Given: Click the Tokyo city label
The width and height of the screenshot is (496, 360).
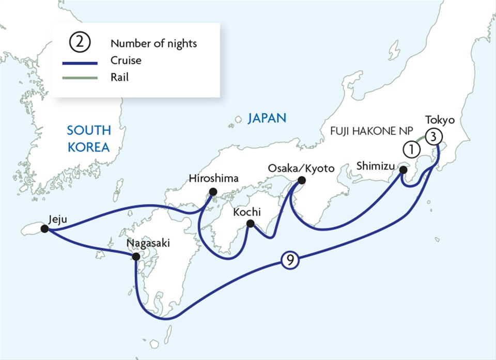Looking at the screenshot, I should (439, 120).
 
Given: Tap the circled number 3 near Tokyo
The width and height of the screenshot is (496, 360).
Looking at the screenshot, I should (435, 137).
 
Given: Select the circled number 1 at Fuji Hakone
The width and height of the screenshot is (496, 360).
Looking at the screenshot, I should (411, 150).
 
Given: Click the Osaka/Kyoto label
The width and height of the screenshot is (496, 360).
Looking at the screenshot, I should (302, 169).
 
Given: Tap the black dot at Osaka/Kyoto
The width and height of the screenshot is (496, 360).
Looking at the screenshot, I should (301, 181).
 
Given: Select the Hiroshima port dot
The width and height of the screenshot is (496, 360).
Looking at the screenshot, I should (212, 192).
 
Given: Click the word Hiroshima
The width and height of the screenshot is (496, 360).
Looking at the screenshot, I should (214, 179).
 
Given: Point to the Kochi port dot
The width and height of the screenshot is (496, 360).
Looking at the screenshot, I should (251, 224).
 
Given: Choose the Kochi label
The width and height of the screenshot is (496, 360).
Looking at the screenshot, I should (246, 212).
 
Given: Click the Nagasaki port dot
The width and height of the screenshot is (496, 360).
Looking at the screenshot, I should (135, 256).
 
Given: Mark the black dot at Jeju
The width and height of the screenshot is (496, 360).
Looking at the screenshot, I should (44, 228).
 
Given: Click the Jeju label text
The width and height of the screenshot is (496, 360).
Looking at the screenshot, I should (57, 218).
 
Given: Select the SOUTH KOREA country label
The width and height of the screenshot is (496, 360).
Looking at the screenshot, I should (88, 138).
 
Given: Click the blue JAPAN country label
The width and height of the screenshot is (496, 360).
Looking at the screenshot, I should (267, 118).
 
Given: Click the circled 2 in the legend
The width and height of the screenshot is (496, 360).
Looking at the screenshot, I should (80, 43).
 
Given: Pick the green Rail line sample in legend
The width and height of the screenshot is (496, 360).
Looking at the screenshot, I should (80, 77).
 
